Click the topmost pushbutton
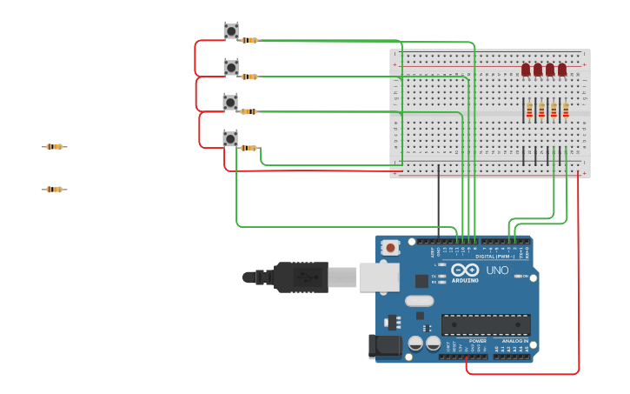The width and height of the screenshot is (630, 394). (231, 31)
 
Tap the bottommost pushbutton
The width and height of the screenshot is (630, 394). (230, 138)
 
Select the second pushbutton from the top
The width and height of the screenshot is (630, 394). (231, 67)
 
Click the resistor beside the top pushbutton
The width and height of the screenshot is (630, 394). (249, 40)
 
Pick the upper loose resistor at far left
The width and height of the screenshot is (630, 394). (54, 147)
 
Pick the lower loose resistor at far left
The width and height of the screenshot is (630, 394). (54, 190)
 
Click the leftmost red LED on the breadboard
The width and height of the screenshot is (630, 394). (526, 70)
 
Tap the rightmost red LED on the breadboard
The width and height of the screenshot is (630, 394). (562, 70)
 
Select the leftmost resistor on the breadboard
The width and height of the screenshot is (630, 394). (529, 110)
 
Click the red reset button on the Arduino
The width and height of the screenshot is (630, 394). (390, 248)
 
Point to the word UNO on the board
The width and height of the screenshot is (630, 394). (497, 270)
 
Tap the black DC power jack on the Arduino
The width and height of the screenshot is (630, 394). (385, 345)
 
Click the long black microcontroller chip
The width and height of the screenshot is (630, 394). (486, 324)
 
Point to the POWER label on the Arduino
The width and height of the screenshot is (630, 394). (453, 341)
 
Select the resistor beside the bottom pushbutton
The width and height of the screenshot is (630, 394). (249, 148)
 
